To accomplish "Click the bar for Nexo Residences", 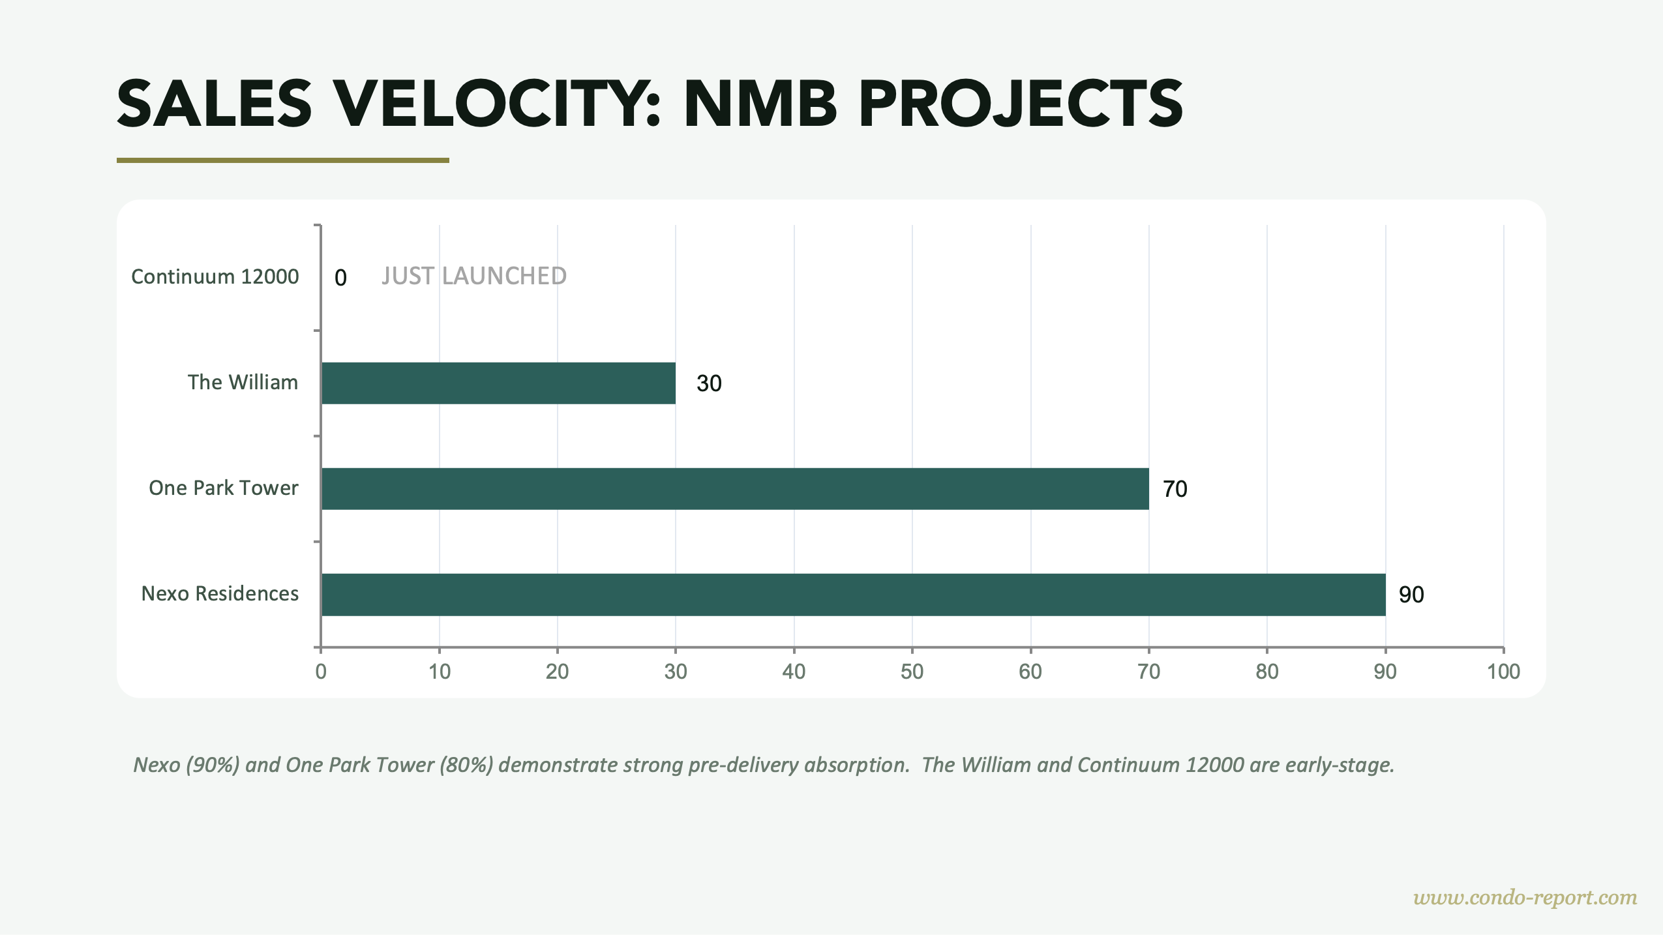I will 853,595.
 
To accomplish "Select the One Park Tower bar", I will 735,488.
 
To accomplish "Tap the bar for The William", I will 498,383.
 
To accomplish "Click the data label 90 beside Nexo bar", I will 1411,595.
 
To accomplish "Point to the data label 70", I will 1175,489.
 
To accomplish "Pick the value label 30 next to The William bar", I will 709,383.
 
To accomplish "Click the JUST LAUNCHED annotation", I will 474,276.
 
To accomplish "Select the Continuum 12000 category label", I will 215,276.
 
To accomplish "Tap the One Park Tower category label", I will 223,488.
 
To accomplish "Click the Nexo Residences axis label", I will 220,593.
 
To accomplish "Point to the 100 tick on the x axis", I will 1503,672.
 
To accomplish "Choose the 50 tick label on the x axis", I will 912,672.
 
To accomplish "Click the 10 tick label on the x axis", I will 439,672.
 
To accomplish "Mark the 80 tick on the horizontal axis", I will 1266,672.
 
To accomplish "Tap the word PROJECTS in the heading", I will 1021,104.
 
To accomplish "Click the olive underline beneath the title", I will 282,160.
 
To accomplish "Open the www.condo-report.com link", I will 1525,898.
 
